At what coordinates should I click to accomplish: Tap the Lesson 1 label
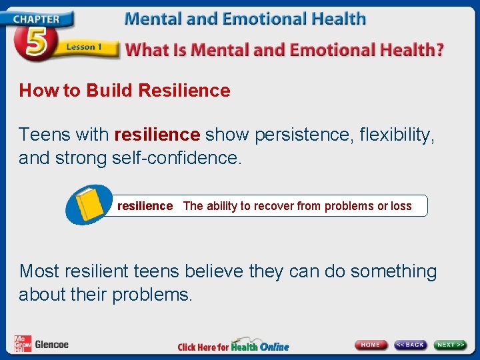click(x=83, y=48)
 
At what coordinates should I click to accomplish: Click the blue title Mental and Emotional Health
click(x=245, y=18)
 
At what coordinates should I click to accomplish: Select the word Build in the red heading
click(x=111, y=91)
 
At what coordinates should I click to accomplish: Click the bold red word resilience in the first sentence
click(x=157, y=135)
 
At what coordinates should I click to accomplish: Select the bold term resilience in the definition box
click(x=145, y=206)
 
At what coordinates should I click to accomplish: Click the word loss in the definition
click(x=401, y=206)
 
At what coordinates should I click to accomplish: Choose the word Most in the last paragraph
click(x=41, y=271)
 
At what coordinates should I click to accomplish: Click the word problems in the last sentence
click(x=151, y=295)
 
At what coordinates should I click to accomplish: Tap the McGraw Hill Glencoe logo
click(x=41, y=344)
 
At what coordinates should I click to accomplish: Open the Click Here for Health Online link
click(x=233, y=345)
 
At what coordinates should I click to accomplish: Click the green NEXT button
click(x=451, y=345)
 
